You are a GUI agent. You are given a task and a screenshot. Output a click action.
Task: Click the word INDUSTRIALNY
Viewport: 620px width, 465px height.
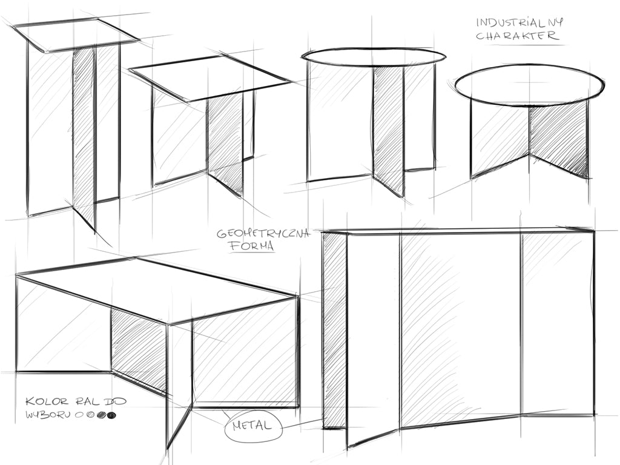[519, 22]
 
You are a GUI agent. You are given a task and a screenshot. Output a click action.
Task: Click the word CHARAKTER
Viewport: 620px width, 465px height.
[518, 36]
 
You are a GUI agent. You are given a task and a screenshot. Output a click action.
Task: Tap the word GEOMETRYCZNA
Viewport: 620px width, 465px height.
[263, 233]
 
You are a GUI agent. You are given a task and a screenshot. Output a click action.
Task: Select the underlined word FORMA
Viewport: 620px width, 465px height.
[251, 246]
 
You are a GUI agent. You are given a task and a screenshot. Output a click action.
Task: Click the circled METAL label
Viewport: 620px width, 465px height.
[252, 426]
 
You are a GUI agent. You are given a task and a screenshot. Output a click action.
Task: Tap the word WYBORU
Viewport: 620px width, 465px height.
[48, 415]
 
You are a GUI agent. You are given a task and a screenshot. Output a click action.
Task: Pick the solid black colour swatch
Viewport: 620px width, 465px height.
[112, 415]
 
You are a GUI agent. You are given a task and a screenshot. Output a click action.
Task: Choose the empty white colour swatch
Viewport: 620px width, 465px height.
[77, 415]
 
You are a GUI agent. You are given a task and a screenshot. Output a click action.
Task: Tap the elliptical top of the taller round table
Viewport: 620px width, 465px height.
[373, 57]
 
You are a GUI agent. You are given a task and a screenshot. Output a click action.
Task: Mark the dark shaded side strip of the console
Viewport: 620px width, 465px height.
[334, 330]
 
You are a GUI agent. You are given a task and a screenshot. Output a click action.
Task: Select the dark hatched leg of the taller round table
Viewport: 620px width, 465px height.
[388, 131]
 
